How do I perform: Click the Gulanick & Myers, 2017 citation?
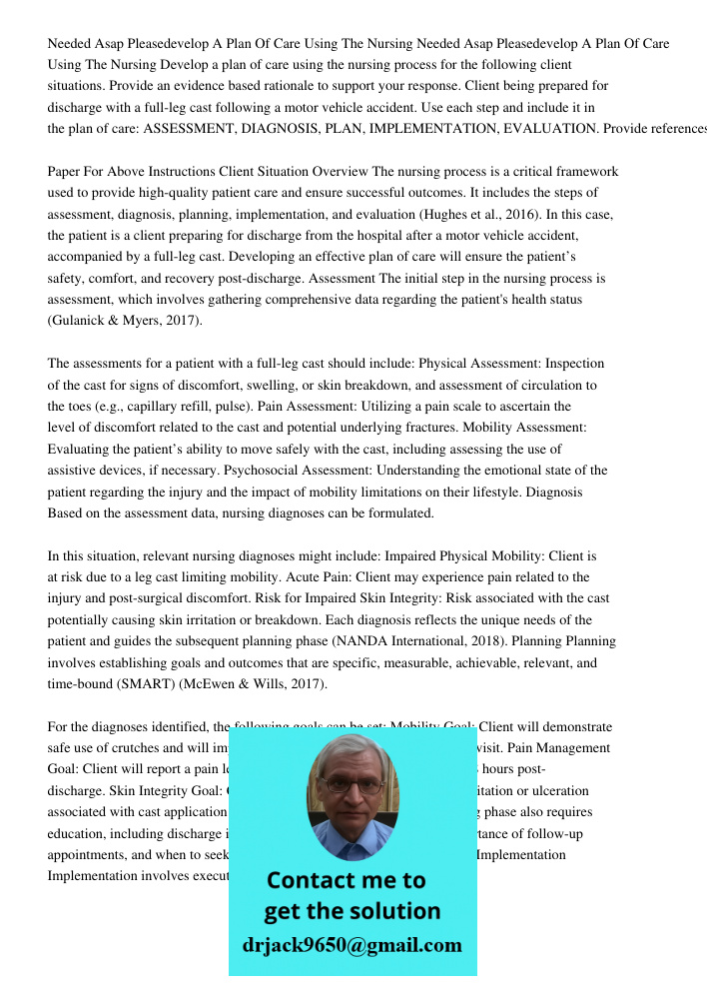pyautogui.click(x=125, y=321)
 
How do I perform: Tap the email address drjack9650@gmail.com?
pyautogui.click(x=353, y=945)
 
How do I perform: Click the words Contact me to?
pyautogui.click(x=346, y=880)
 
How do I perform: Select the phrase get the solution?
pyautogui.click(x=352, y=911)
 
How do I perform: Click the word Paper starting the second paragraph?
pyautogui.click(x=66, y=172)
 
